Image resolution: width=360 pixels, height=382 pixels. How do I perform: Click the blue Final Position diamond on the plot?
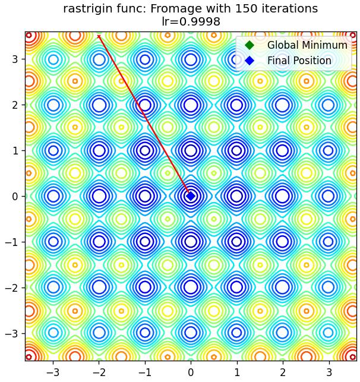(191, 196)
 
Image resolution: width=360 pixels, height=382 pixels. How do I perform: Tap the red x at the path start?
(99, 37)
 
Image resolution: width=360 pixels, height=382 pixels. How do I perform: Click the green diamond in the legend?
(250, 45)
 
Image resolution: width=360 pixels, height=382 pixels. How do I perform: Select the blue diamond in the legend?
(250, 61)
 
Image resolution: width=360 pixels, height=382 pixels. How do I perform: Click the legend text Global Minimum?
(307, 45)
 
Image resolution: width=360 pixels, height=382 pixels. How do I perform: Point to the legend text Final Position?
(299, 61)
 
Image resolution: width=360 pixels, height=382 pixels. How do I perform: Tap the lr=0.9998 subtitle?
(191, 21)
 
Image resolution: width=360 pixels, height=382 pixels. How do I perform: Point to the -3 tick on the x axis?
(53, 372)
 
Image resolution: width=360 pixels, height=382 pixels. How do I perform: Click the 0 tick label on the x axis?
(191, 372)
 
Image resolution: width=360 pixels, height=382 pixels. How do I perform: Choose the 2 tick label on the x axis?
(283, 372)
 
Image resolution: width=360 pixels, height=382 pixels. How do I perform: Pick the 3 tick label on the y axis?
(15, 59)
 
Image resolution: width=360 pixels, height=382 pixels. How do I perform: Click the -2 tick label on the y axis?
(12, 288)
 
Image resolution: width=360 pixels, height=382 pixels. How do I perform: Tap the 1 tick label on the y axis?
(15, 150)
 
